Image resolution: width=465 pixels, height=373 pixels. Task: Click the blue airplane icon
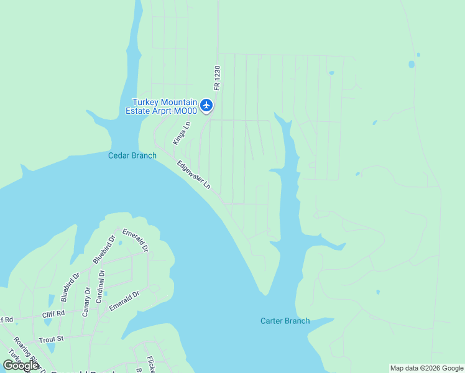click(206, 105)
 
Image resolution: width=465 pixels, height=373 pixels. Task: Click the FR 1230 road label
click(217, 78)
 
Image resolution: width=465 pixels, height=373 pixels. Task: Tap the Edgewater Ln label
click(194, 175)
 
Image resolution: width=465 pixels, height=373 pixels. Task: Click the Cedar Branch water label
click(132, 155)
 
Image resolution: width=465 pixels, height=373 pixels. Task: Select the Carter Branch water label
click(285, 321)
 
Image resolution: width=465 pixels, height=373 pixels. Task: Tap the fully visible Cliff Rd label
click(53, 315)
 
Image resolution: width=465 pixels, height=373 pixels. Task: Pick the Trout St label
click(51, 339)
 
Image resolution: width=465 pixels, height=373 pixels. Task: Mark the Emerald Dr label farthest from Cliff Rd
click(136, 241)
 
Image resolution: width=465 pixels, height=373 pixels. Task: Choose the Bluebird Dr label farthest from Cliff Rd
click(104, 249)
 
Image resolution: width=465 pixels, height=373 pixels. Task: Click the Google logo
click(21, 366)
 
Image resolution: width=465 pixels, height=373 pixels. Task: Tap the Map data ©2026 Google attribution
click(426, 368)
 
